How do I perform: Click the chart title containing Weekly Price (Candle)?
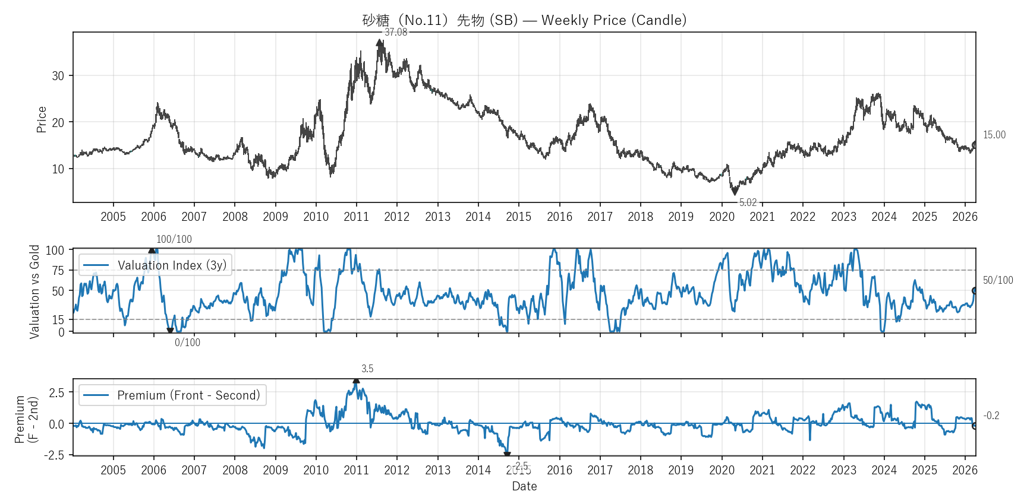coord(524,20)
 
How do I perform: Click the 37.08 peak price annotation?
coord(396,32)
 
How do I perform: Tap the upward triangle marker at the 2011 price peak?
coord(379,43)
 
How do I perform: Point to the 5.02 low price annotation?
coord(748,202)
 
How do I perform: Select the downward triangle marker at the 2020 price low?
coord(735,191)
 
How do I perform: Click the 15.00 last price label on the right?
coord(994,135)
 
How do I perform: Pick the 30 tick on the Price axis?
coord(58,76)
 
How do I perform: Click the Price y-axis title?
coord(42,119)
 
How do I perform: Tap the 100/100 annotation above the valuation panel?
coord(174,239)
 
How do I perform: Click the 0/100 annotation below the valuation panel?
coord(187,343)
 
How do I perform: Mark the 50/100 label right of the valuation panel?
coord(997,280)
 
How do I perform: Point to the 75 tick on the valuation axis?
coord(58,271)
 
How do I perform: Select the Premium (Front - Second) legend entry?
coord(172,395)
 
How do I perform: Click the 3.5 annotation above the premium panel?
coord(367,369)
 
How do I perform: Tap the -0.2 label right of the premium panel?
coord(991,416)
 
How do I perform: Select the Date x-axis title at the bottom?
coord(524,486)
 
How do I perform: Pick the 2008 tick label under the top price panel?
coord(235,217)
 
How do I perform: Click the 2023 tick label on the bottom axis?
coord(843,470)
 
